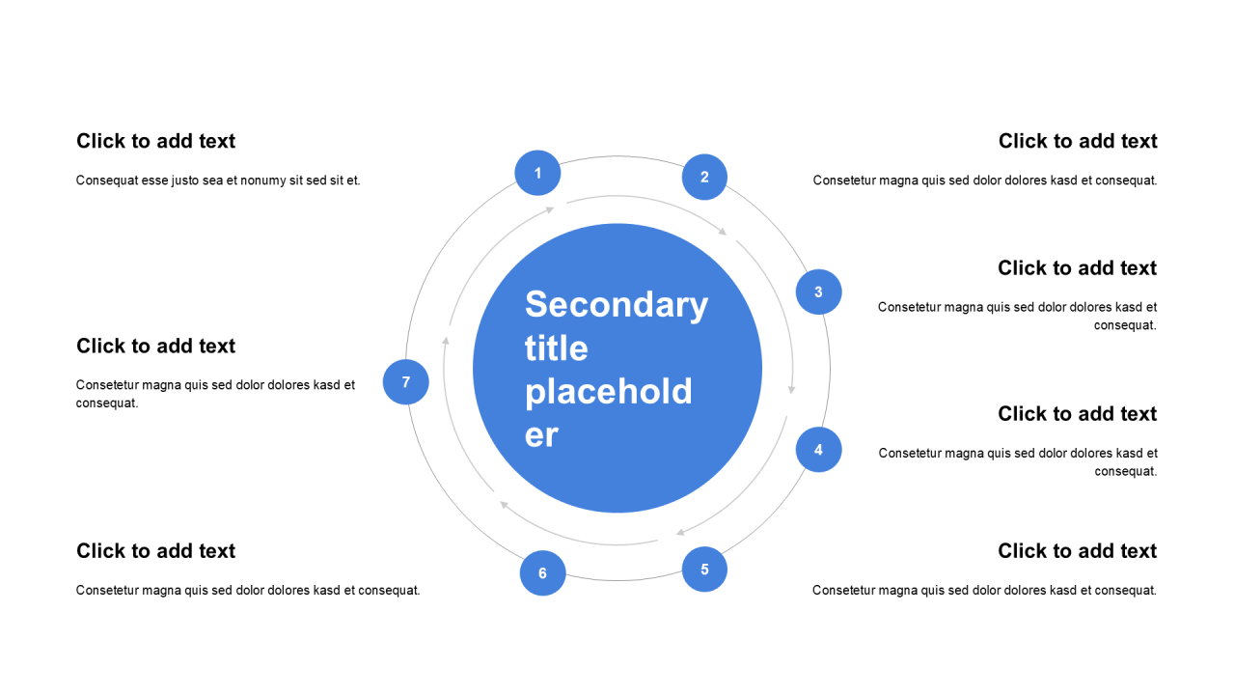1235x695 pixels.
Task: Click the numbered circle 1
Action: point(537,174)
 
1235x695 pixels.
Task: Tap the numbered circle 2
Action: point(704,177)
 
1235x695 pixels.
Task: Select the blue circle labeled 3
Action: point(818,292)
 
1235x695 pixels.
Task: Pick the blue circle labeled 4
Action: point(818,449)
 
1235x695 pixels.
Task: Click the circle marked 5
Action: point(704,569)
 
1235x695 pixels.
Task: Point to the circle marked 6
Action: point(542,573)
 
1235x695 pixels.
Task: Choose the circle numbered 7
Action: point(405,381)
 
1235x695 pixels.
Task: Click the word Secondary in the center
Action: point(616,304)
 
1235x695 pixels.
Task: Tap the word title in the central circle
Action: point(556,347)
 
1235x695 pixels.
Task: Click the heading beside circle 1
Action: point(155,141)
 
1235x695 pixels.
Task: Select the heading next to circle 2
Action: point(1078,141)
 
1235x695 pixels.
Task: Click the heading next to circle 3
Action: point(1077,267)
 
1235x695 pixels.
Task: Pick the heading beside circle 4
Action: point(1077,413)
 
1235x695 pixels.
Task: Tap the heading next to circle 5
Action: point(1077,550)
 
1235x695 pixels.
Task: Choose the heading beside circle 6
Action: point(155,550)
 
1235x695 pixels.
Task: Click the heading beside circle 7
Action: point(155,346)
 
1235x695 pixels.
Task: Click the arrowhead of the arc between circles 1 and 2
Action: point(723,232)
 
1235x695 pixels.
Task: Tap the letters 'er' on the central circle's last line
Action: point(541,435)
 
